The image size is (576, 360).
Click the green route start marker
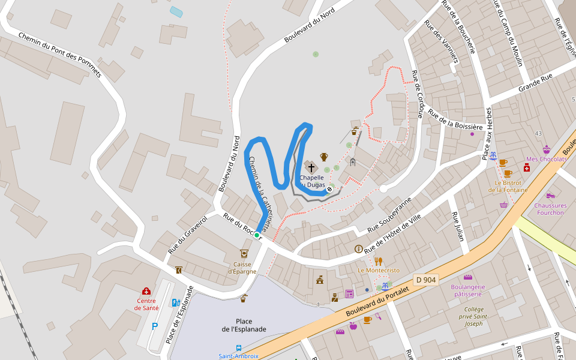pos(257,235)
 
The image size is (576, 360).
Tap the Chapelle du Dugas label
pos(312,181)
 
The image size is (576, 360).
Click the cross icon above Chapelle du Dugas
pos(311,167)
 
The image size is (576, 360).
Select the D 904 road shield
pos(426,280)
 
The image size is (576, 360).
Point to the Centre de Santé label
pos(146,304)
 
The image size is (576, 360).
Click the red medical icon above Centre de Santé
pos(146,291)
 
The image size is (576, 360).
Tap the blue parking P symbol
pos(155,326)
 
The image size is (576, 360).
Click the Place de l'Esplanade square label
pos(244,325)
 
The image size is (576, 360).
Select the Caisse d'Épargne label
pos(242,268)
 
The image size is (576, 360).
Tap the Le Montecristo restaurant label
pos(379,271)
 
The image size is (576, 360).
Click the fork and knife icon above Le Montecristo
pos(379,261)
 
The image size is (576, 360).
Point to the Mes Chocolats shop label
pos(546,159)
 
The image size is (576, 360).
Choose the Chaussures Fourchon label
pos(550,209)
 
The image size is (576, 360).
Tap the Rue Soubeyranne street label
pos(390,214)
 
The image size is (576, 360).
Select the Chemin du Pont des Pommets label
pos(60,56)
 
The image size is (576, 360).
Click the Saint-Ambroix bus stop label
pos(238,356)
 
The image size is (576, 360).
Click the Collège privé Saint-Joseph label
pos(473,316)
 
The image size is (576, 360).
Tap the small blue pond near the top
pos(176,11)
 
